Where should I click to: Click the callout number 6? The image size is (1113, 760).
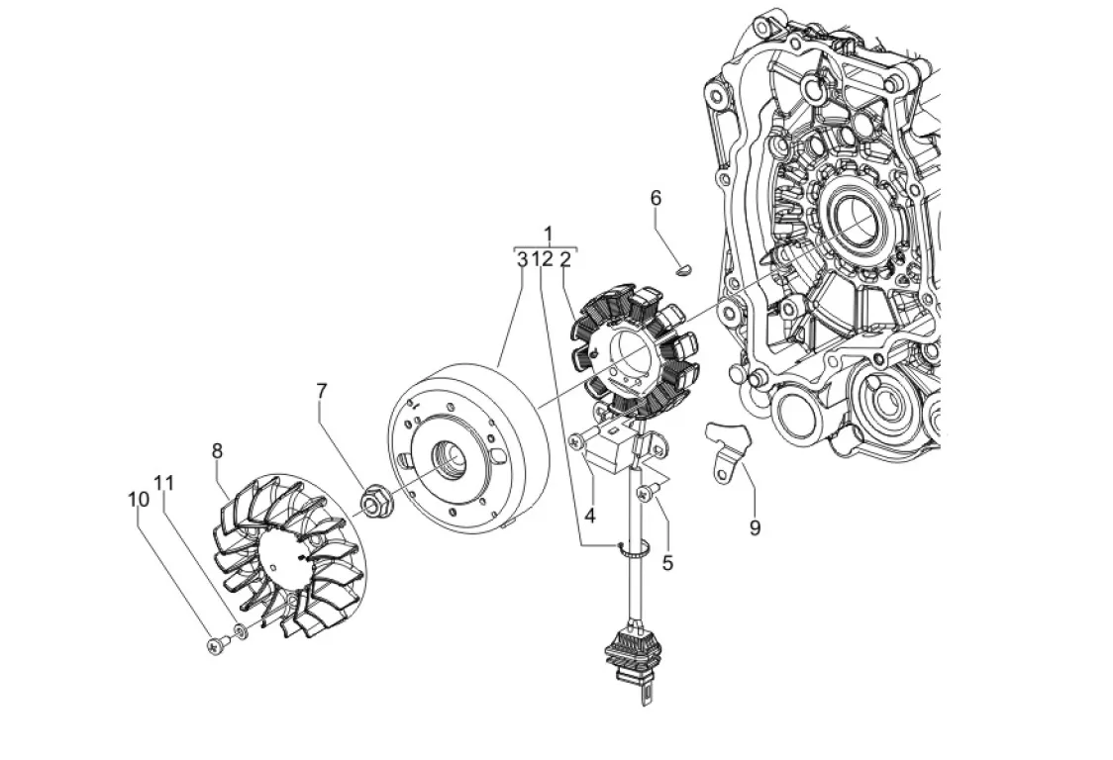click(656, 198)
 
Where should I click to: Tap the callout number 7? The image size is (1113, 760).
click(322, 390)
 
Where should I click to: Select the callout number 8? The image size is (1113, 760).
click(217, 450)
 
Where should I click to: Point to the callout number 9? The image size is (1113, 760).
click(755, 527)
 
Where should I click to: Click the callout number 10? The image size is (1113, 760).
click(139, 499)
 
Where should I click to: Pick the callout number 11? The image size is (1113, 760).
click(164, 483)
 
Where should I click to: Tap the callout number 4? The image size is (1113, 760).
click(589, 516)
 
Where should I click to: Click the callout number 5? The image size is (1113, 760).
click(667, 563)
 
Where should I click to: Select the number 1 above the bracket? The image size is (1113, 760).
click(548, 234)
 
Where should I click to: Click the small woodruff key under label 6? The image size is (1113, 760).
click(683, 269)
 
